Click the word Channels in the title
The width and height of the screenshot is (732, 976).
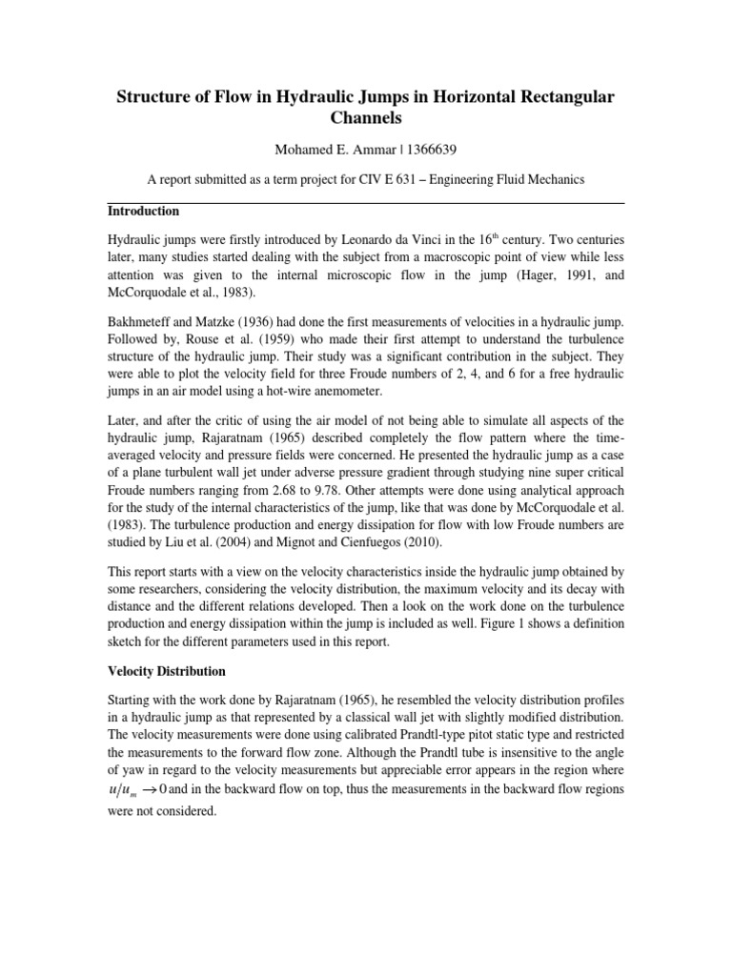(x=365, y=119)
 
